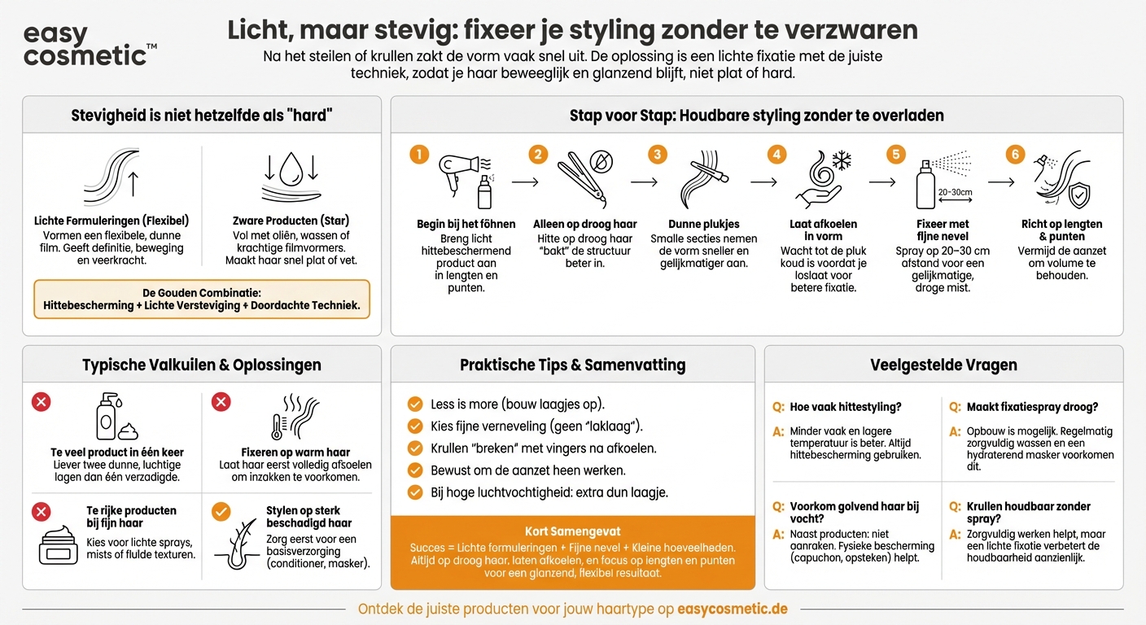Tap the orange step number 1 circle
(418, 155)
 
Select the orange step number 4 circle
(778, 155)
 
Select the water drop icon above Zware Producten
(291, 172)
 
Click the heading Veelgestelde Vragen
(943, 365)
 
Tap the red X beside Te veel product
(41, 402)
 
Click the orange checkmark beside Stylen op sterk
(221, 511)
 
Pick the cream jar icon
(59, 545)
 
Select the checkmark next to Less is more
(415, 404)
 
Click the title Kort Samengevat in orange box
(572, 531)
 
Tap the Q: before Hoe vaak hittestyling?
(778, 407)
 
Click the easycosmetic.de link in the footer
(732, 609)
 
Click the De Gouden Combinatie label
(202, 293)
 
